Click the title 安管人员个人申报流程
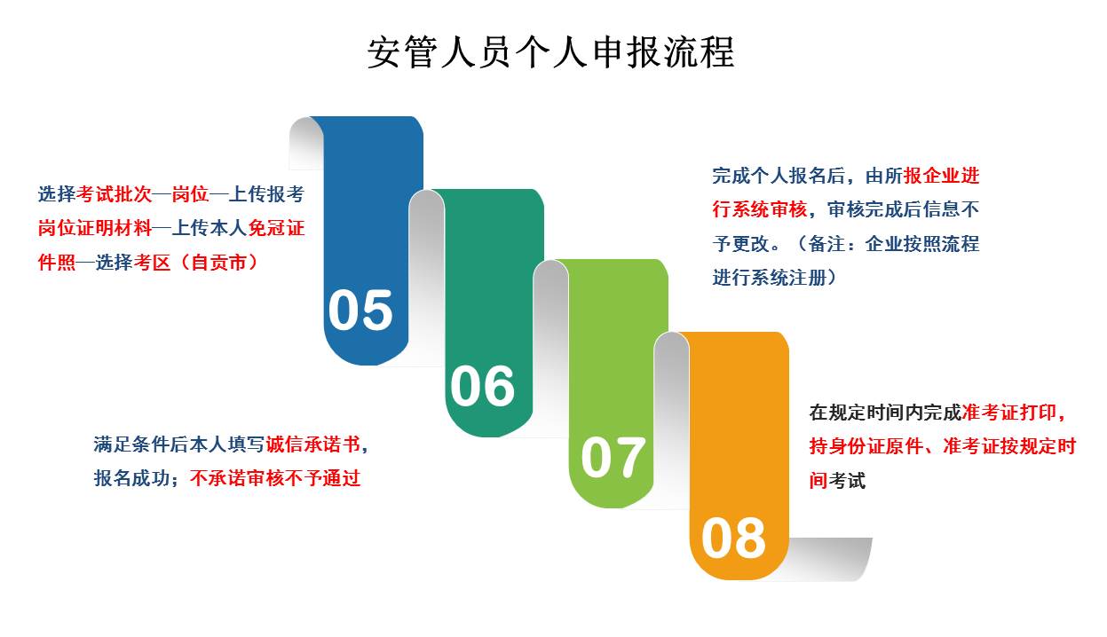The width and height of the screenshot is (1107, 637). point(550,51)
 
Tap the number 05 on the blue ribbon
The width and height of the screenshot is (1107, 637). point(360,310)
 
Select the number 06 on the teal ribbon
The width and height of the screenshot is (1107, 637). point(482,385)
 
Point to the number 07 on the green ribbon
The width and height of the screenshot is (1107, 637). point(613,457)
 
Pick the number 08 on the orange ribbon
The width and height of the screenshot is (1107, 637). point(733,538)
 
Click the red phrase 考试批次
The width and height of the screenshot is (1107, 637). point(115,194)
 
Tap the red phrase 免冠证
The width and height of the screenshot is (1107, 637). point(276,228)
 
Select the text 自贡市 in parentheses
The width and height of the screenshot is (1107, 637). point(219,263)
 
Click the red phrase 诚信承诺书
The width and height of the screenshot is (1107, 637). point(313,444)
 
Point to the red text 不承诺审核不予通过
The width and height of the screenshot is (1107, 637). point(275,478)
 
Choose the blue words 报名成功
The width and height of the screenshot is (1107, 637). point(132,478)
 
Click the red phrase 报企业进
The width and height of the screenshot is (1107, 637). point(942,176)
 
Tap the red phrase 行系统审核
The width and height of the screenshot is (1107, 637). point(760,209)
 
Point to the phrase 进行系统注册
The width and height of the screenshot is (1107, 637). point(770,278)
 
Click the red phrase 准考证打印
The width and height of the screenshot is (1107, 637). point(1009,413)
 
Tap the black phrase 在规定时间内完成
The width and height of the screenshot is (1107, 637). point(886,413)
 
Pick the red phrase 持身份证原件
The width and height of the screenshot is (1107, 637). point(866,446)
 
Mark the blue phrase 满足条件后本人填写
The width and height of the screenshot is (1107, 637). point(179,444)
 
